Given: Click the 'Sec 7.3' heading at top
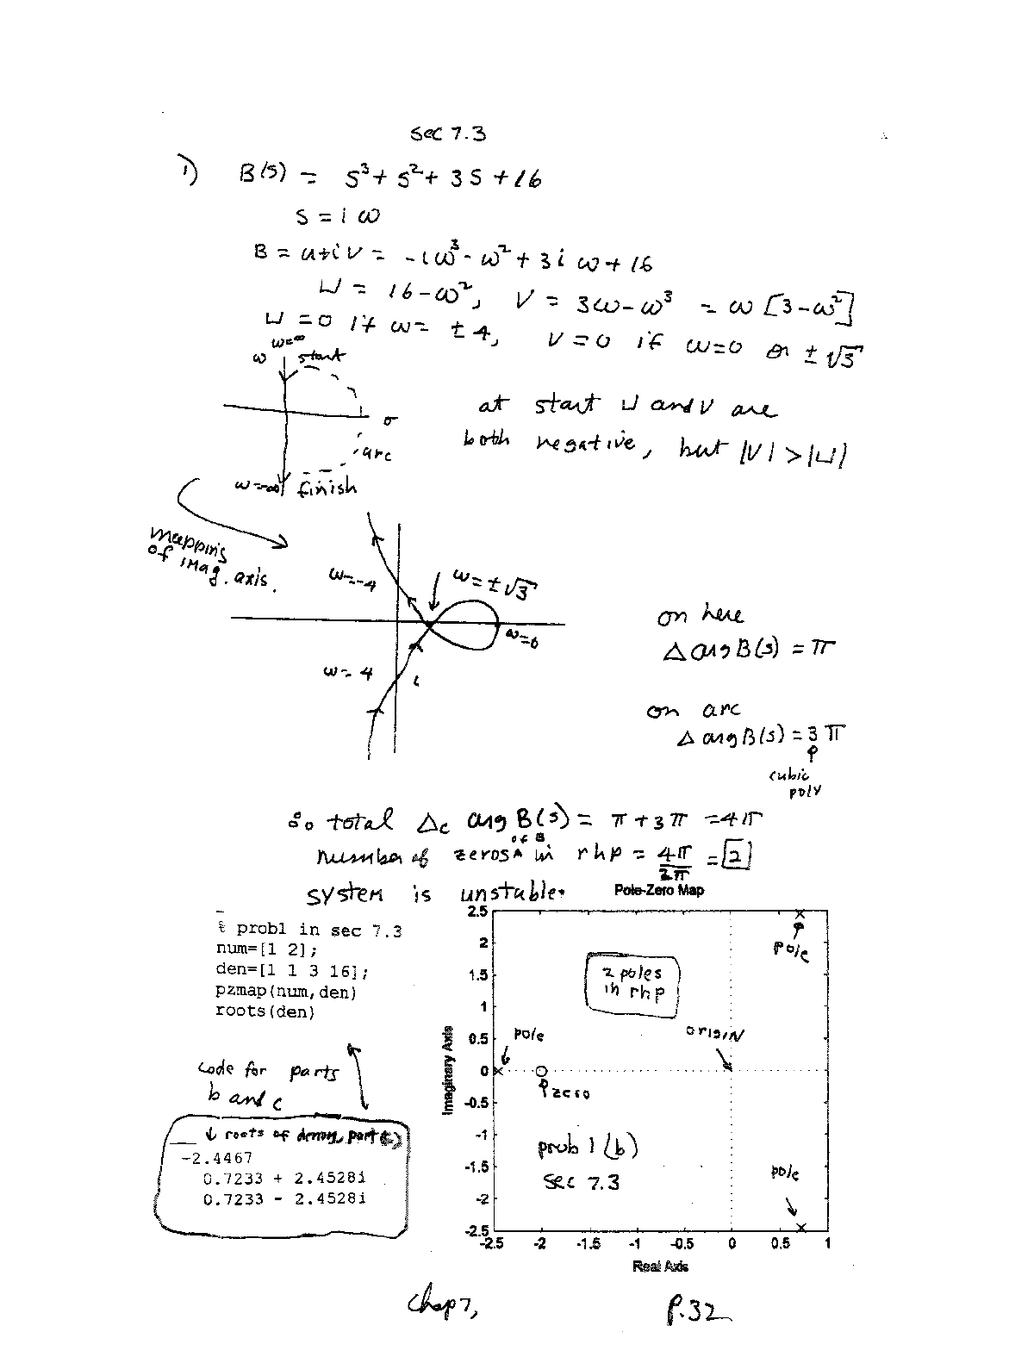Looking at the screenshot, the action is (x=448, y=134).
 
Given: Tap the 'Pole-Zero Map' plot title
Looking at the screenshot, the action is (x=659, y=890).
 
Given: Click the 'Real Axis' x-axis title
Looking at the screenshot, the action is (x=660, y=1266).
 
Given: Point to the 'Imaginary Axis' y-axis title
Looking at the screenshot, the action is (x=448, y=1068).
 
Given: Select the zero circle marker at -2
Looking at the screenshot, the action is (x=541, y=1071).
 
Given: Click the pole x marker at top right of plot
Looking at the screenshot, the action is (x=800, y=914).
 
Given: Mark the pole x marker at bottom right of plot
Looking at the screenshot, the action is (x=801, y=1228).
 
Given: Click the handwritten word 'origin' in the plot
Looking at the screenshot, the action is (x=713, y=1031).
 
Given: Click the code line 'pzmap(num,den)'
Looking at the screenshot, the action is (x=286, y=992).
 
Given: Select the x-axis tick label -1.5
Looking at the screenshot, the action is (x=589, y=1244).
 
